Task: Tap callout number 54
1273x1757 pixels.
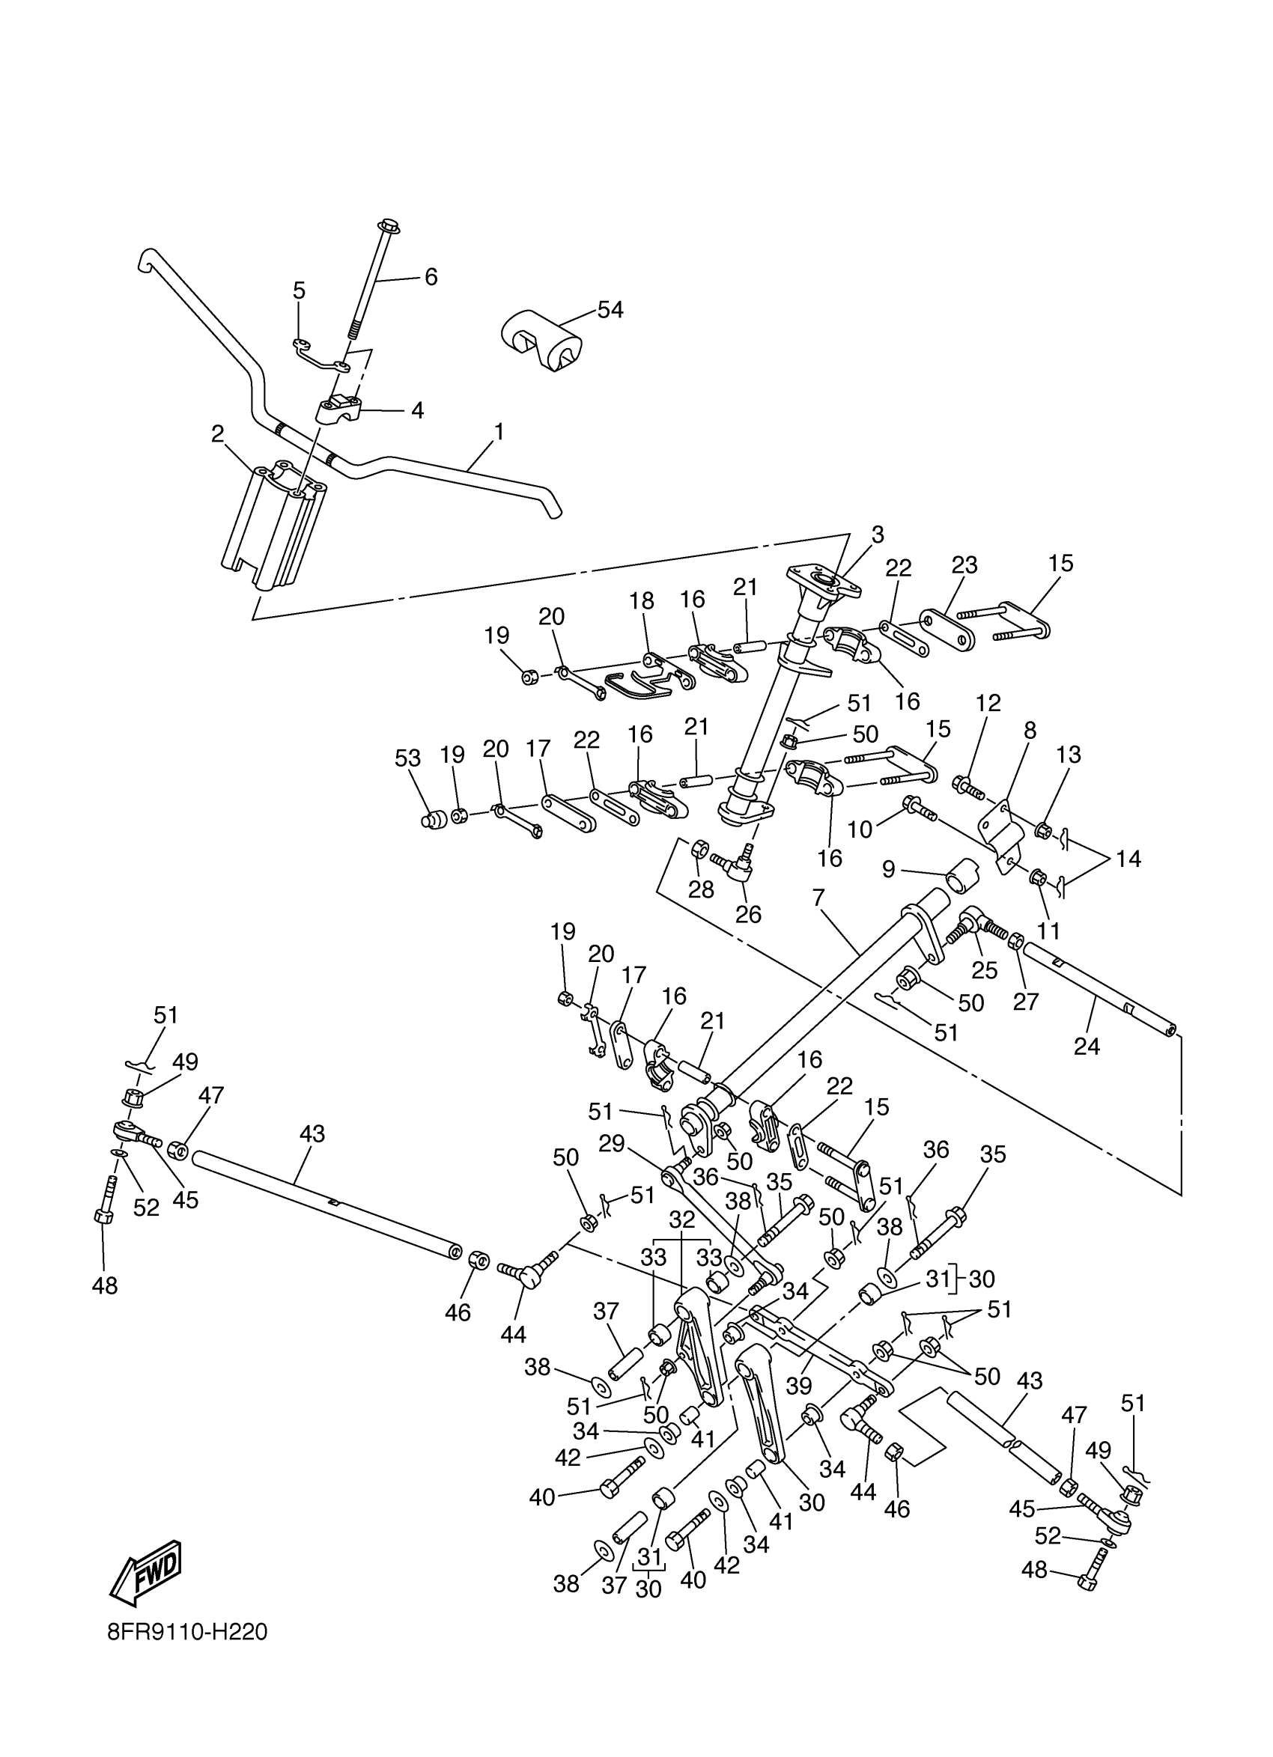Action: click(x=610, y=310)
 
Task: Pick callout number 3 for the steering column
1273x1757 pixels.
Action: click(x=877, y=535)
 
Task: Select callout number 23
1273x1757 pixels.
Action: click(x=964, y=564)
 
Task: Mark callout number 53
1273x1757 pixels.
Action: click(x=408, y=758)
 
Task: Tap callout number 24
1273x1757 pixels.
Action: click(x=1087, y=1047)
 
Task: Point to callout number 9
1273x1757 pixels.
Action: click(x=889, y=869)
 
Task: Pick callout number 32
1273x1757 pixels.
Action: click(x=683, y=1219)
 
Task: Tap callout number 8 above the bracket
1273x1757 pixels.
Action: click(x=1030, y=731)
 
